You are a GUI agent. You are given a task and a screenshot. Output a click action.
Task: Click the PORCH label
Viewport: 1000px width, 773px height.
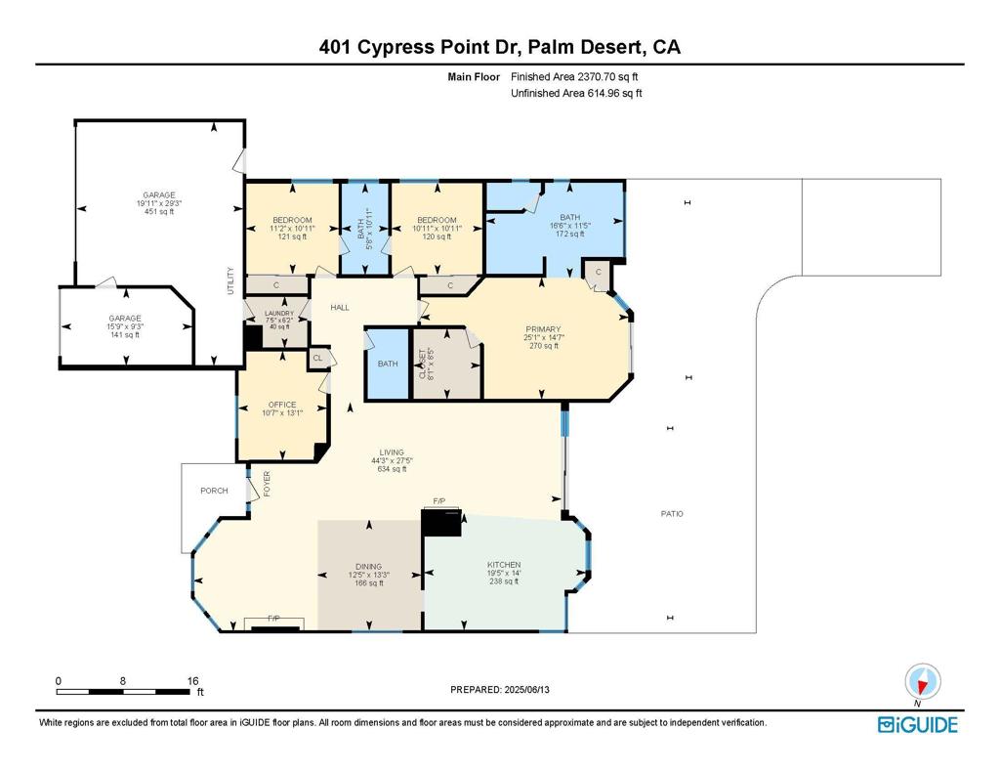pos(214,491)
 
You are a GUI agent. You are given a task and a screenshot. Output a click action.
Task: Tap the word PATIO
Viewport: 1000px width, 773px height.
pos(672,513)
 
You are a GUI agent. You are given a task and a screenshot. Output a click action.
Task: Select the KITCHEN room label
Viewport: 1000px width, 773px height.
pos(504,565)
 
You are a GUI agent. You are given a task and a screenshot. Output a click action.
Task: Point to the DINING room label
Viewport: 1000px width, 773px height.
pos(368,565)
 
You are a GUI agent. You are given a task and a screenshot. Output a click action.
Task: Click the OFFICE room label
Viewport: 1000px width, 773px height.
pos(282,405)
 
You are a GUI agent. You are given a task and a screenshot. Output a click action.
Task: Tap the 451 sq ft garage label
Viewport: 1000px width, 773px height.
pos(158,211)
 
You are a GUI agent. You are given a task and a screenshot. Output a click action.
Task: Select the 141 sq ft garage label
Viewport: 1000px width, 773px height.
pos(125,334)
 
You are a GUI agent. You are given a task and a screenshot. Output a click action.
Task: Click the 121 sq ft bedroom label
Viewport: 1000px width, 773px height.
pos(292,236)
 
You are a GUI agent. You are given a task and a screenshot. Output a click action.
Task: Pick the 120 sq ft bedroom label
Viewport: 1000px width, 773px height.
pos(436,236)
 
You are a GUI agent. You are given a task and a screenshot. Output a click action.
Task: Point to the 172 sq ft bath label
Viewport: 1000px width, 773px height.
pos(570,235)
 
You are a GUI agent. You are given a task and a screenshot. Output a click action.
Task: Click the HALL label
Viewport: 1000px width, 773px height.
pos(339,308)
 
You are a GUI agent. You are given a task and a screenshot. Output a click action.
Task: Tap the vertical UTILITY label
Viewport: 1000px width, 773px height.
pos(231,281)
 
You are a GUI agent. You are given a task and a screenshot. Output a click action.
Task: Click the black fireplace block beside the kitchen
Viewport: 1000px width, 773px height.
pos(440,522)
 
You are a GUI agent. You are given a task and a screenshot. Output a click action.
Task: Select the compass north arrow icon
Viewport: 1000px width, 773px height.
pos(922,681)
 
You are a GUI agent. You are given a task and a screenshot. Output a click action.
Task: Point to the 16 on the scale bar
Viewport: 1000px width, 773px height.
pos(192,680)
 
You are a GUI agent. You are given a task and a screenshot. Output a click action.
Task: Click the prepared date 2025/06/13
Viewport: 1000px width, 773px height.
pos(534,690)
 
